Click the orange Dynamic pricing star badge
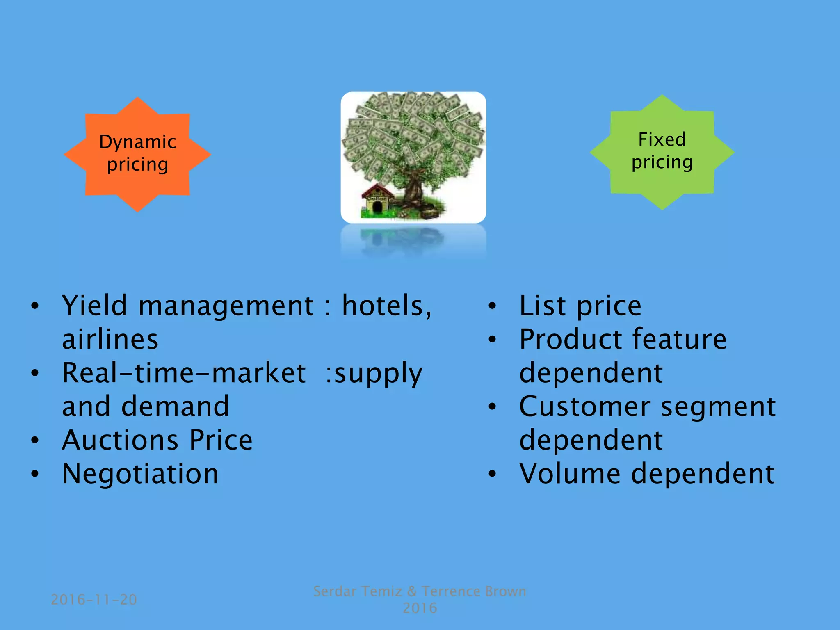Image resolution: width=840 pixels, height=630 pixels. click(x=137, y=154)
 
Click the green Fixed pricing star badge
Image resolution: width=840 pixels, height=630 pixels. click(x=662, y=152)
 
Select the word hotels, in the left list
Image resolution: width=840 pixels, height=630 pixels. click(x=387, y=306)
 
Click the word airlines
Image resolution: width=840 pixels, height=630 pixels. click(x=110, y=340)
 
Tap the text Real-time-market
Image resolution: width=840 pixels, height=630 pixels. click(x=183, y=373)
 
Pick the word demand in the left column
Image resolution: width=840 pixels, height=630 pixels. click(x=175, y=407)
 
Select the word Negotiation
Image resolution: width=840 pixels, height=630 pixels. click(x=140, y=474)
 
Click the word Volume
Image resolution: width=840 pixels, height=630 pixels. click(x=570, y=474)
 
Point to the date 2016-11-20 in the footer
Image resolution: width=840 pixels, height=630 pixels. click(x=94, y=600)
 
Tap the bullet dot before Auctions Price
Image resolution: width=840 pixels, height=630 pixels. click(x=35, y=441)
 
